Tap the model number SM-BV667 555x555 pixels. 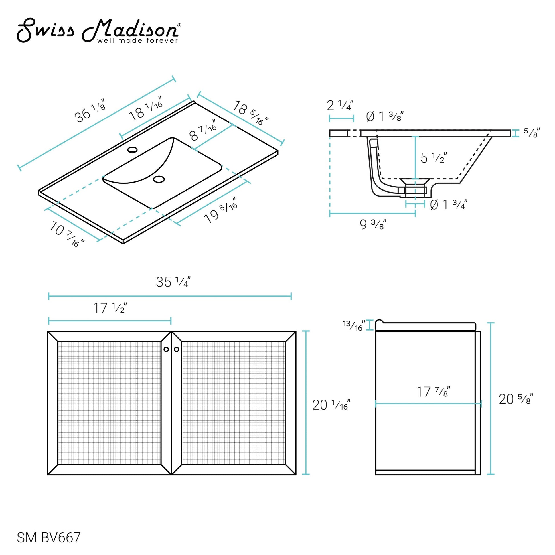(48, 538)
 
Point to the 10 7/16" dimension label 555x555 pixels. (67, 234)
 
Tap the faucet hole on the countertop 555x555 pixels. (132, 150)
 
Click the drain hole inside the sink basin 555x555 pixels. (159, 179)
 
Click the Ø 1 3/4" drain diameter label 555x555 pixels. (448, 204)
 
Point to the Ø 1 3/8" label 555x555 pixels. (385, 116)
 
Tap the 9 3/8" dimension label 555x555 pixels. (373, 224)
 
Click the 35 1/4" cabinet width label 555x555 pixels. (173, 282)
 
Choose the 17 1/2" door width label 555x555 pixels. (110, 308)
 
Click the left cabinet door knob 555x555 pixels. (166, 349)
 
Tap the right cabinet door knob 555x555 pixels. (176, 349)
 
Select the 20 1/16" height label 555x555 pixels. (331, 405)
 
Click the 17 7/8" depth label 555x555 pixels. (433, 392)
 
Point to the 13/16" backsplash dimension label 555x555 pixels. (354, 325)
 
